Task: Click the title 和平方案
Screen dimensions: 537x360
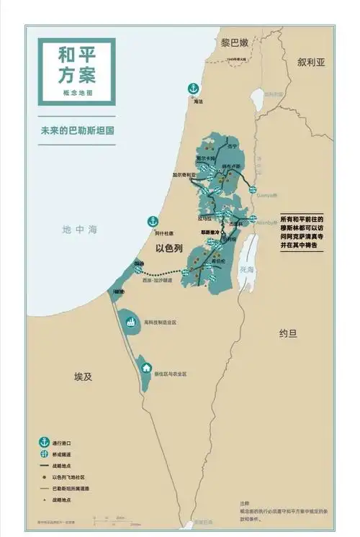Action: (77, 65)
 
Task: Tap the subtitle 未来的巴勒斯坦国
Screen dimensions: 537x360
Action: (78, 132)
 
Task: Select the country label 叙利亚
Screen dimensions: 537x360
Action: (311, 63)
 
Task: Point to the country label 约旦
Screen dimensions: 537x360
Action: (288, 333)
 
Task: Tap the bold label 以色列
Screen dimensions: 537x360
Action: (170, 248)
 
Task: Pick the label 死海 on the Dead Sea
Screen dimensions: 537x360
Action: (247, 269)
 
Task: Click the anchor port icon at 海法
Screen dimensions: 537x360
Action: (192, 89)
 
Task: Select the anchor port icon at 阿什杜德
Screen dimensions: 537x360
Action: (153, 221)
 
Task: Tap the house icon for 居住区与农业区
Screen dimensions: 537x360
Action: (148, 368)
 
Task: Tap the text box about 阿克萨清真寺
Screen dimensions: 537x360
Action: (302, 232)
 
